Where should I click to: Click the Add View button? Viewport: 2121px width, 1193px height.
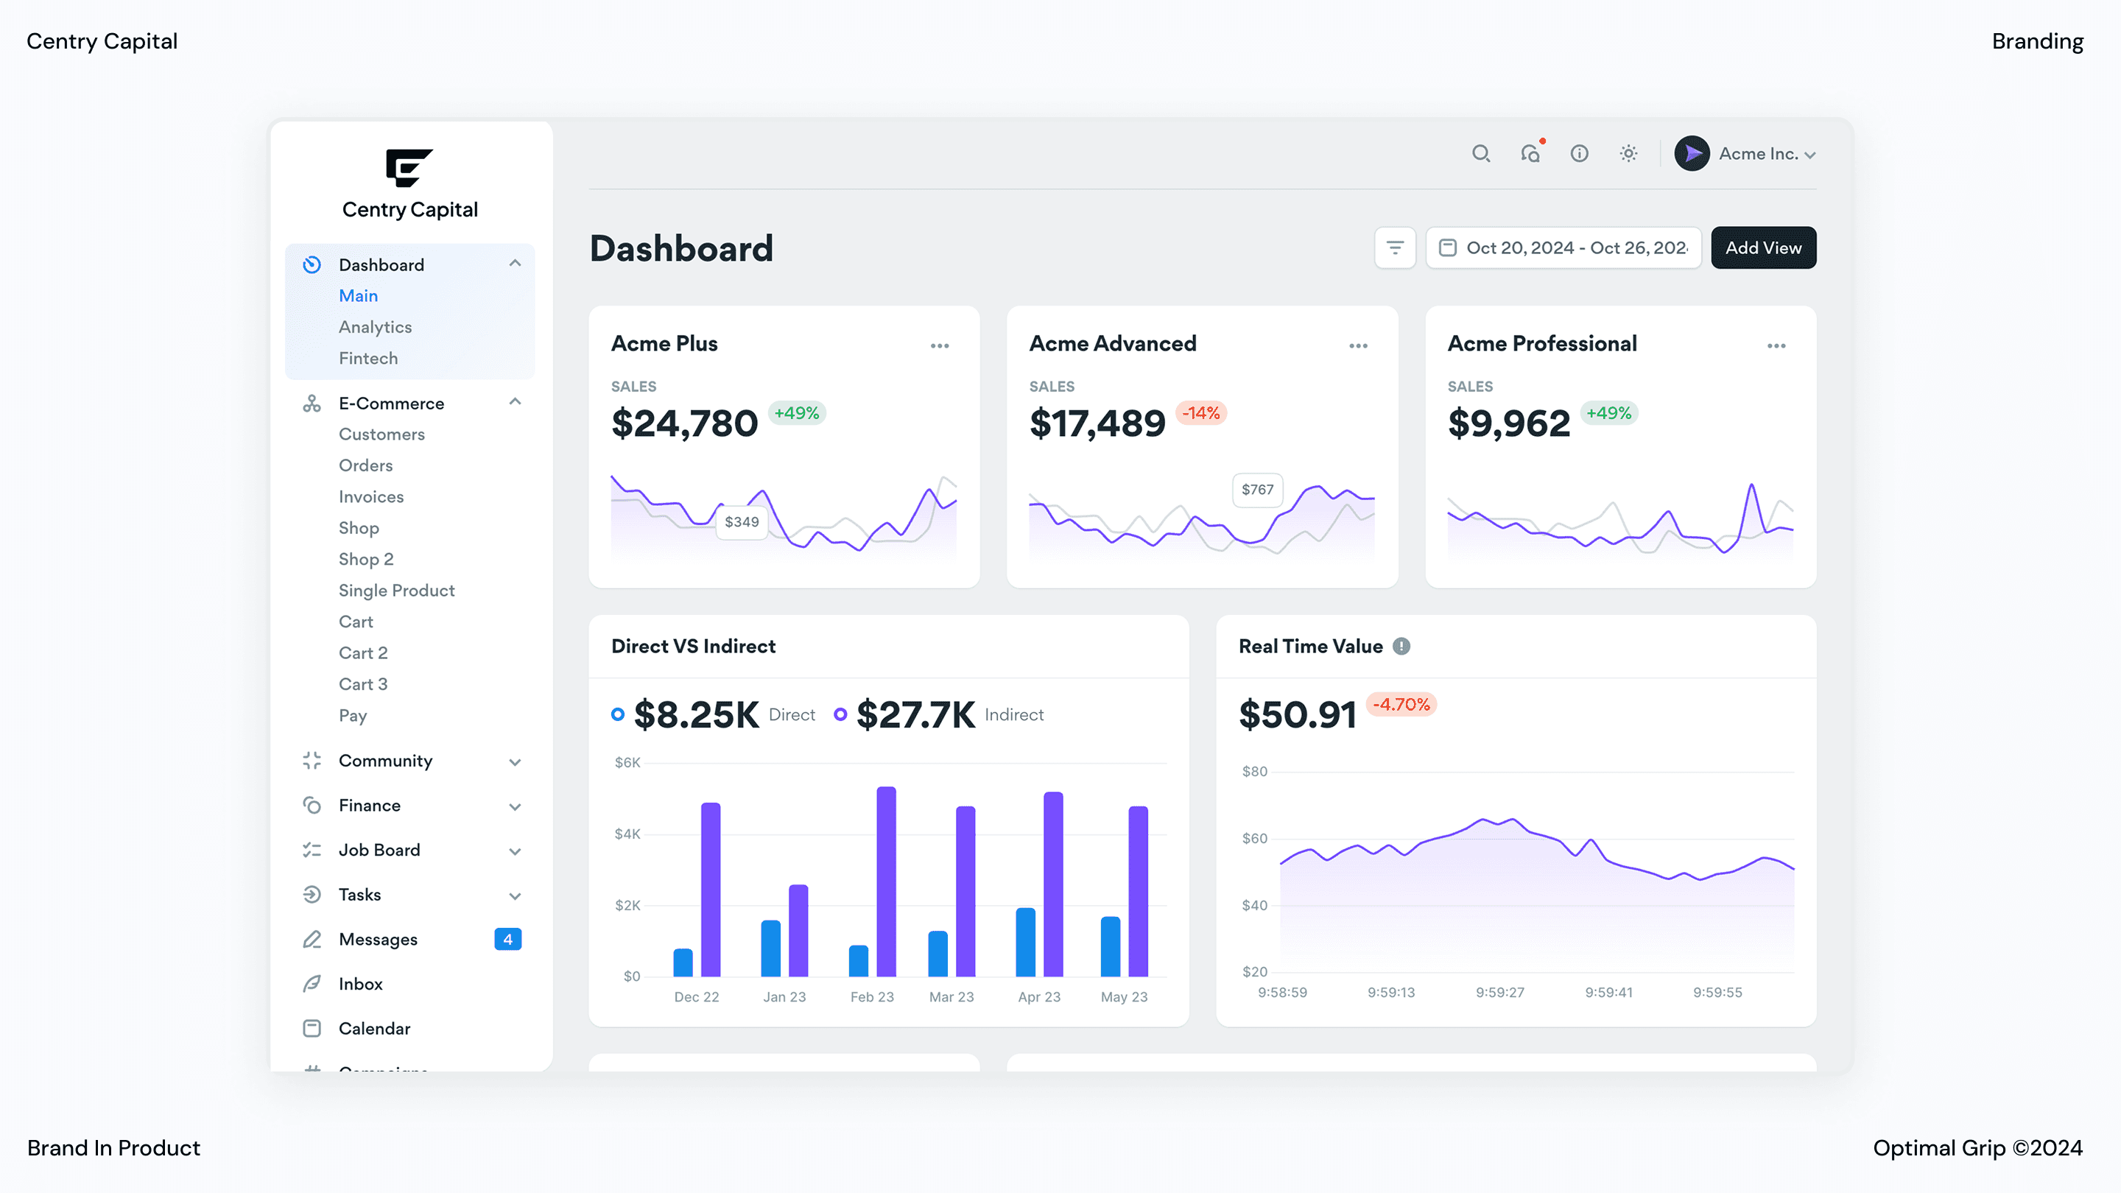(x=1763, y=248)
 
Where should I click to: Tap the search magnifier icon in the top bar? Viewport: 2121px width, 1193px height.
(x=1480, y=154)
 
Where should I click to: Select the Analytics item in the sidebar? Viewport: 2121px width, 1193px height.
(x=375, y=327)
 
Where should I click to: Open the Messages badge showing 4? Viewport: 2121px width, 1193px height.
(x=507, y=940)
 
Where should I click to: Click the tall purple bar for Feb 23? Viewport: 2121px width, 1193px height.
(x=886, y=881)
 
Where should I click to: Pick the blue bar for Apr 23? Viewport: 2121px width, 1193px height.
(x=1025, y=942)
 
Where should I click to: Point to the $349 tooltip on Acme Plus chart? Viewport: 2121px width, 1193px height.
(x=741, y=522)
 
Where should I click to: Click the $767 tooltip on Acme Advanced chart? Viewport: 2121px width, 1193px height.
(x=1256, y=490)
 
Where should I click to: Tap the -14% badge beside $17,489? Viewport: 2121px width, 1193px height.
(x=1200, y=413)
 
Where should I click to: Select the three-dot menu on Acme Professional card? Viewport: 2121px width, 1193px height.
(x=1776, y=346)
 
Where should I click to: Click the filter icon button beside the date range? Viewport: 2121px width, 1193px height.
(x=1395, y=248)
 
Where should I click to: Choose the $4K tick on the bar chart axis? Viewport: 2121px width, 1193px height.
(x=627, y=834)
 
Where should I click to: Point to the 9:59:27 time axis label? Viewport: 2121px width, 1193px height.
(x=1499, y=992)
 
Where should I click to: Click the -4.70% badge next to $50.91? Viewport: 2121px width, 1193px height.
(x=1401, y=705)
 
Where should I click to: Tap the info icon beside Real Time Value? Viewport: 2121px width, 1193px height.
(x=1401, y=647)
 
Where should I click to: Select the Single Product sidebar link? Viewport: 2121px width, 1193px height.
(x=396, y=591)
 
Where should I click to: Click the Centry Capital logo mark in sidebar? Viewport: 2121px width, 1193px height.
(x=409, y=167)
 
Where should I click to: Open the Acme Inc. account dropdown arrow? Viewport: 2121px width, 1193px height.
(x=1809, y=155)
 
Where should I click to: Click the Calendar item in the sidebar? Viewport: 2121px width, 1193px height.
(x=374, y=1028)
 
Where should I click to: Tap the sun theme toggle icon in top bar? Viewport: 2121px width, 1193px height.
(x=1628, y=154)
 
